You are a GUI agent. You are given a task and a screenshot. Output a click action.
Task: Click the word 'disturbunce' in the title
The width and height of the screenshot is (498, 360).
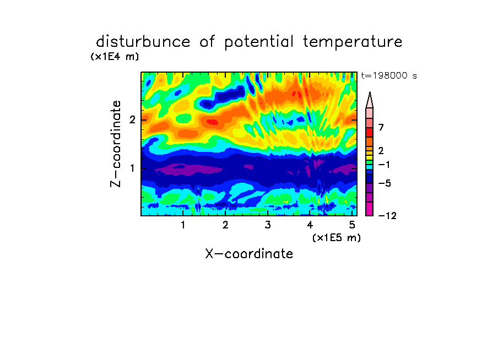point(143,42)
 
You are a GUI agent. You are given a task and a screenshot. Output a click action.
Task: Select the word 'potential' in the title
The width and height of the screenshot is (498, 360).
point(259,42)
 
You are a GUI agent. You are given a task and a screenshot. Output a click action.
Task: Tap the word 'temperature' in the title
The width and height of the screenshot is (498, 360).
point(353,42)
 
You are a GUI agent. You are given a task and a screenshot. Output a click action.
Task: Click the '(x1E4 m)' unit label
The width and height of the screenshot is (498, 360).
point(115,57)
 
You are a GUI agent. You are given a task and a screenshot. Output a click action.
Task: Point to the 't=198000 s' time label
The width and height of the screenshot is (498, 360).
point(389,75)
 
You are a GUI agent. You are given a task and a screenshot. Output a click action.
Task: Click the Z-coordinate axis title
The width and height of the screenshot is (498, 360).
point(116,144)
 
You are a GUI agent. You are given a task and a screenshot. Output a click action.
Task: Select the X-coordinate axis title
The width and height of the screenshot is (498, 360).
point(249,254)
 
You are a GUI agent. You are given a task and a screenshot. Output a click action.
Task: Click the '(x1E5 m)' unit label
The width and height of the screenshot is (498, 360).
point(337,237)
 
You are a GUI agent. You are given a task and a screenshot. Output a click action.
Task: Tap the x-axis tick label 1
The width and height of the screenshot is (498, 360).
point(183,225)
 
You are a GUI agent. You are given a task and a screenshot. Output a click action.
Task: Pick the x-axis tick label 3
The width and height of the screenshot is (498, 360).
point(268,225)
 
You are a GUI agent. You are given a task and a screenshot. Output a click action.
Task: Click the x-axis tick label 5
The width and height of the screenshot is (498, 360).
point(352,225)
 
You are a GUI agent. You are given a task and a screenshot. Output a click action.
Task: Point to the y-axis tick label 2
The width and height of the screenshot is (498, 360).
point(132,120)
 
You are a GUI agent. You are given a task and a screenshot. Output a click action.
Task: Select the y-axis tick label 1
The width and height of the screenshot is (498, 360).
point(132,168)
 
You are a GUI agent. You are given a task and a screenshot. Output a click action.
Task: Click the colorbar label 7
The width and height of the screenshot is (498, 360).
point(381,127)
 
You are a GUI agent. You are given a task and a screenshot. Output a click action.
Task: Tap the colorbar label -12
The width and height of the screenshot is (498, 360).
point(387,216)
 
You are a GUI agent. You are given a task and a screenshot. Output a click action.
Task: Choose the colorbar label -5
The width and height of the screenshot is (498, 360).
point(385,183)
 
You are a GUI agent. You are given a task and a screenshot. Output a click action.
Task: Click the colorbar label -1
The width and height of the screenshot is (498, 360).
point(383,165)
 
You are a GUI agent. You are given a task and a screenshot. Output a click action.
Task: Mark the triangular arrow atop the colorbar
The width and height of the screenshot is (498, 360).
point(370,100)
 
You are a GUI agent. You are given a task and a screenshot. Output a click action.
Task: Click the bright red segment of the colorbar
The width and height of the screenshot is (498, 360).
point(370,132)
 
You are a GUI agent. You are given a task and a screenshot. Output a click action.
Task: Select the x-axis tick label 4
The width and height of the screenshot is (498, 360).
point(310,225)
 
